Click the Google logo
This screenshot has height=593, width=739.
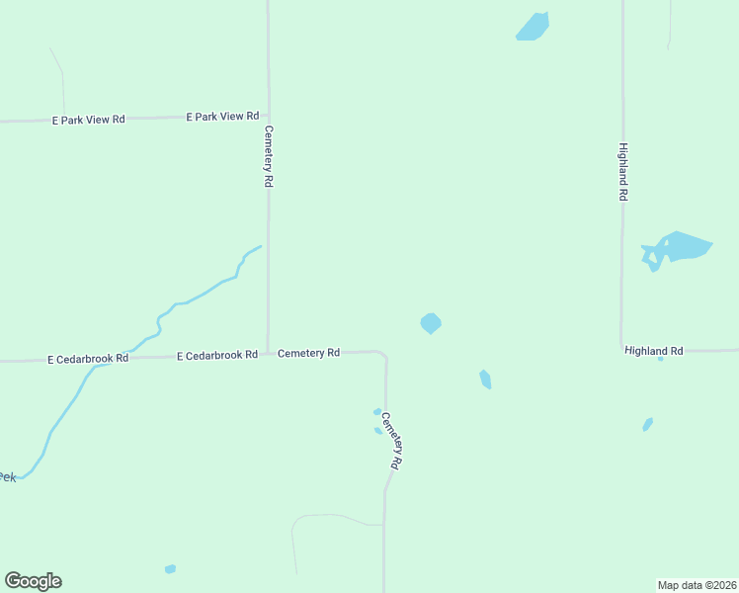[x=33, y=581]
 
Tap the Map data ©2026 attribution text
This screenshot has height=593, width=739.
[x=698, y=584]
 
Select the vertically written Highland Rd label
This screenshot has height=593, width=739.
[x=623, y=173]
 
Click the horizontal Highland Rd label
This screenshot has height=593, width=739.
[x=653, y=351]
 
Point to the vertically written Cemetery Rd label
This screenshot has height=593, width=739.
[x=268, y=156]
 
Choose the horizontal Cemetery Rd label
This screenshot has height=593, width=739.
[x=308, y=353]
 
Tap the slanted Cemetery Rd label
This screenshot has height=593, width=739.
[x=392, y=440]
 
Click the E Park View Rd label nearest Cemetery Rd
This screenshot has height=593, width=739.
[x=222, y=117]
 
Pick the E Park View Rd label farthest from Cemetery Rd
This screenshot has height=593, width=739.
[x=88, y=120]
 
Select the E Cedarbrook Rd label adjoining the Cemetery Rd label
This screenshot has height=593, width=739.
[x=217, y=355]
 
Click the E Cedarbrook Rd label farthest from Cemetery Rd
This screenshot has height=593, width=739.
[x=88, y=359]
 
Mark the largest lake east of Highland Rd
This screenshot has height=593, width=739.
[x=678, y=247]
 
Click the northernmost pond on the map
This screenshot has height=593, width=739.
[x=533, y=27]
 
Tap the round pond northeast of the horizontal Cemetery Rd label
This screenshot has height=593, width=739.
[x=431, y=323]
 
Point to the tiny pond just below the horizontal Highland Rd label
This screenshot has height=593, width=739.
[x=660, y=359]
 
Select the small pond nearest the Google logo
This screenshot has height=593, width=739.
[x=170, y=569]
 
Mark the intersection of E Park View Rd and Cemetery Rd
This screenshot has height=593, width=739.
[x=268, y=115]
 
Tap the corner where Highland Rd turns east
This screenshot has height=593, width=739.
[x=622, y=349]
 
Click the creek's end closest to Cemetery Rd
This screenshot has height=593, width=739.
[x=260, y=246]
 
